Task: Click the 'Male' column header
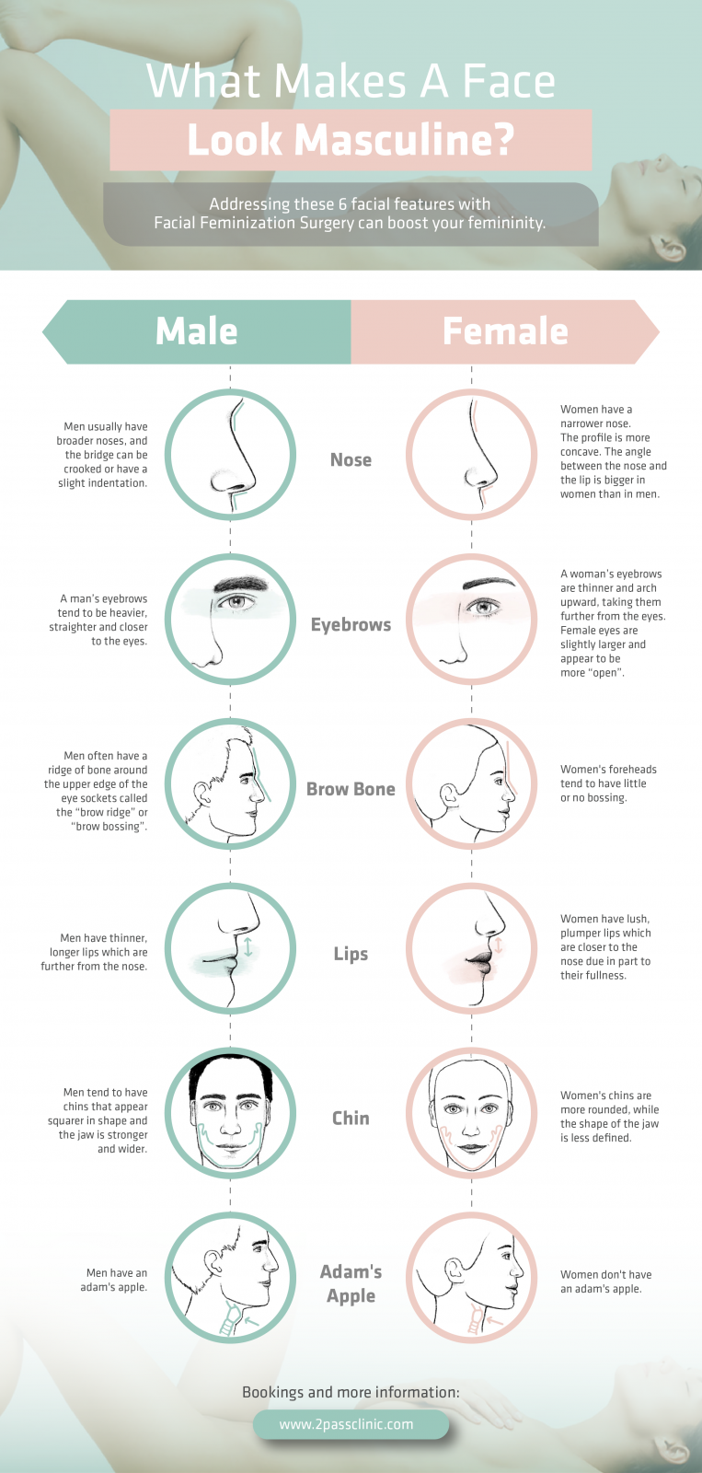(x=197, y=331)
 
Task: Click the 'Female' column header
(x=505, y=331)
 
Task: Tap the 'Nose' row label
(x=351, y=459)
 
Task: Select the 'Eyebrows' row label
(x=351, y=625)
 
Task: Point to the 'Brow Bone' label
(x=351, y=789)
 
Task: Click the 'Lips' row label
(x=351, y=954)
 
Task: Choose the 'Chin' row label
(x=351, y=1118)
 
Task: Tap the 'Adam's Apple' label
(x=351, y=1283)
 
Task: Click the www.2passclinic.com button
(x=351, y=1424)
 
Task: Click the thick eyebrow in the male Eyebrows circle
(x=241, y=584)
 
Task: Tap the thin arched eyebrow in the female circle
(x=488, y=582)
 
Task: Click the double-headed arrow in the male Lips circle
(x=247, y=947)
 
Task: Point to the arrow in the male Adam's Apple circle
(x=252, y=1319)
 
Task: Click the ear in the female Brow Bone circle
(x=450, y=795)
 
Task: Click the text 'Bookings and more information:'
(x=351, y=1391)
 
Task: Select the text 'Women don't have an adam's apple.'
(x=606, y=1282)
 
